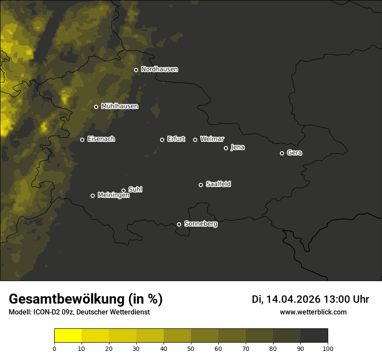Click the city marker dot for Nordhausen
(136, 70)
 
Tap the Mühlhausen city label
(119, 106)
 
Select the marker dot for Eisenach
(82, 140)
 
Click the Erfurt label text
(176, 139)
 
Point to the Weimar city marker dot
(195, 140)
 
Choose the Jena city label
(237, 147)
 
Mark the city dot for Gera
(282, 153)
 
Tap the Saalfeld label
(218, 184)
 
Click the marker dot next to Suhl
(123, 190)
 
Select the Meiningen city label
(113, 196)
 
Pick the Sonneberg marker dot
(179, 224)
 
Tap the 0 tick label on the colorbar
(54, 348)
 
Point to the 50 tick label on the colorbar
(191, 348)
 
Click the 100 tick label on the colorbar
(328, 348)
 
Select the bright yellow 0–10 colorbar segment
(68, 336)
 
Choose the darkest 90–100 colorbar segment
(314, 336)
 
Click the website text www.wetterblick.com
(313, 312)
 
